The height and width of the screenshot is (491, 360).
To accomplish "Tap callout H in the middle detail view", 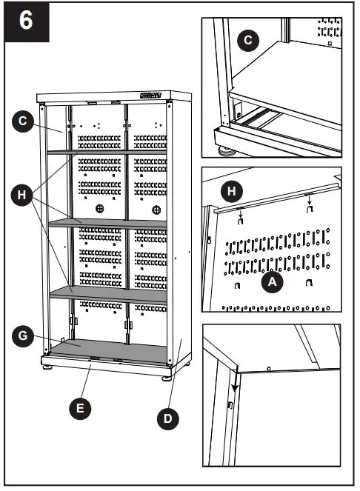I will click(232, 192).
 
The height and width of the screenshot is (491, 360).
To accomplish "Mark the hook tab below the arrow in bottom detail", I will click(230, 404).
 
